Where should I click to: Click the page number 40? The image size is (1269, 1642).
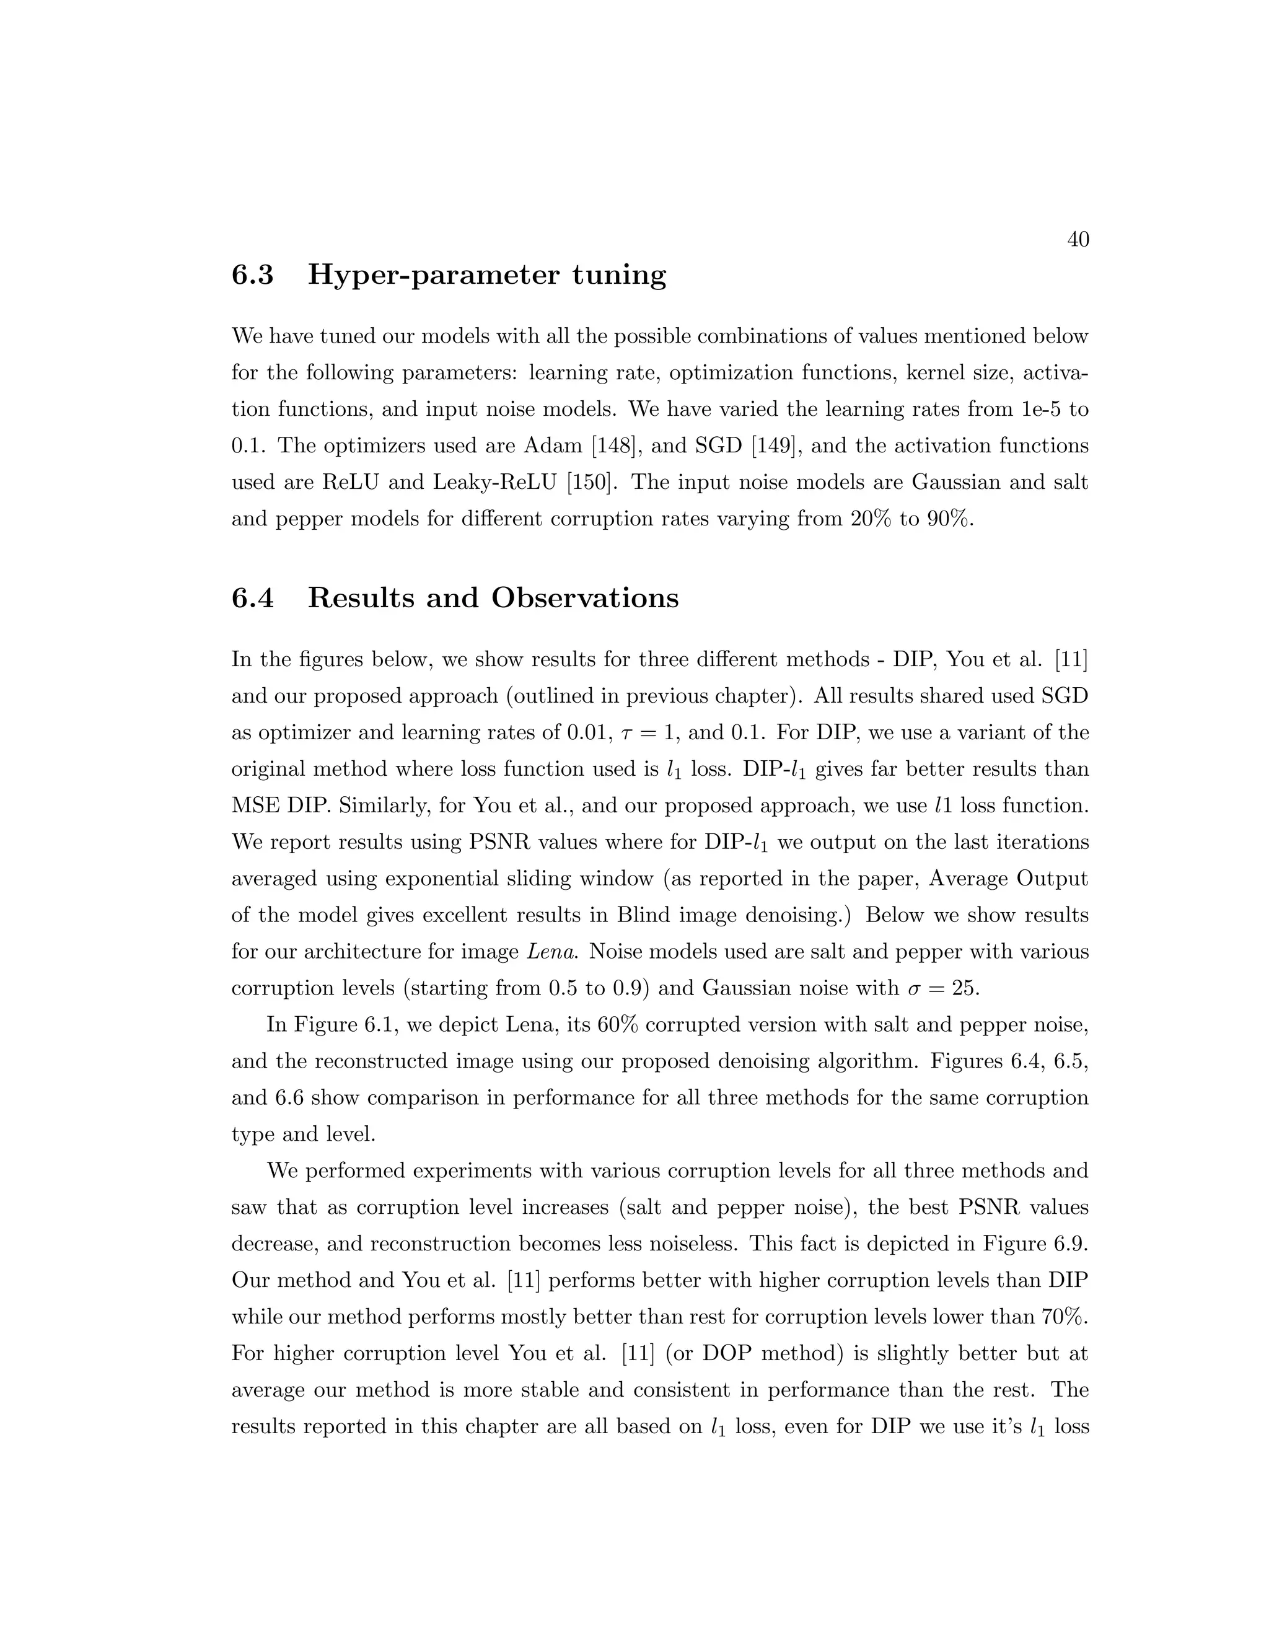click(1078, 240)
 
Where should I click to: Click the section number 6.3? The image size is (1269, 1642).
click(253, 275)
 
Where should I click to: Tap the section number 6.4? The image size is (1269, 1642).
click(253, 598)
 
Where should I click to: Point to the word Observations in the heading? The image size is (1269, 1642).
click(585, 598)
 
